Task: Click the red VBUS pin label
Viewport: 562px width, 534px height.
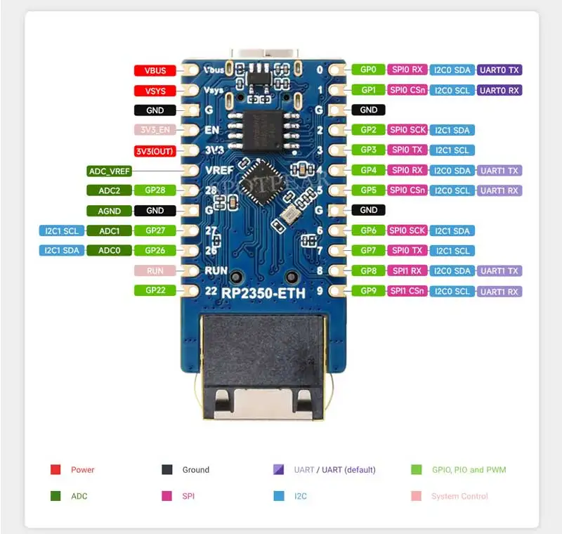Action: point(155,70)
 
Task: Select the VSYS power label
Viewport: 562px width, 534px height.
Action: point(155,91)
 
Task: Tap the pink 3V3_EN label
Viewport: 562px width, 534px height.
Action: point(155,130)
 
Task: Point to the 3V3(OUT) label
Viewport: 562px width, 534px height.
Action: point(155,151)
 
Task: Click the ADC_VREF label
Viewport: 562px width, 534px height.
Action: point(110,171)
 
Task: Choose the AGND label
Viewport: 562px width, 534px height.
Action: point(110,211)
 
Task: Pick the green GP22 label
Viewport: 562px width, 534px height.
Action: point(155,290)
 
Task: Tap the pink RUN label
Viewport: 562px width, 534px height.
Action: point(155,271)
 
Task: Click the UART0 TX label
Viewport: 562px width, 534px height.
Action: point(499,70)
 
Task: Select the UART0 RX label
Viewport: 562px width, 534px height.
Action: point(499,90)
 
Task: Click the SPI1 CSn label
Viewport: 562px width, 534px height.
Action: point(408,291)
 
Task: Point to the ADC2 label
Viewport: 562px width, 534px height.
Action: point(110,190)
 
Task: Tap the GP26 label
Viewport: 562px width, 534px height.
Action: point(155,250)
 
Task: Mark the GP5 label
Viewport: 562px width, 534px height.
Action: point(369,190)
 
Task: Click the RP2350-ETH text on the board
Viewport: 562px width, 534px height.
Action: point(263,294)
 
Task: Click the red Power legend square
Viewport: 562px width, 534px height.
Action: point(55,469)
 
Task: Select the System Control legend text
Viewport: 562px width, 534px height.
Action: point(459,496)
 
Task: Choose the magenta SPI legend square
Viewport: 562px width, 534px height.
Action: point(167,496)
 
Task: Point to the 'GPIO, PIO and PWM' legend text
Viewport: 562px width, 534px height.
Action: point(469,469)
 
